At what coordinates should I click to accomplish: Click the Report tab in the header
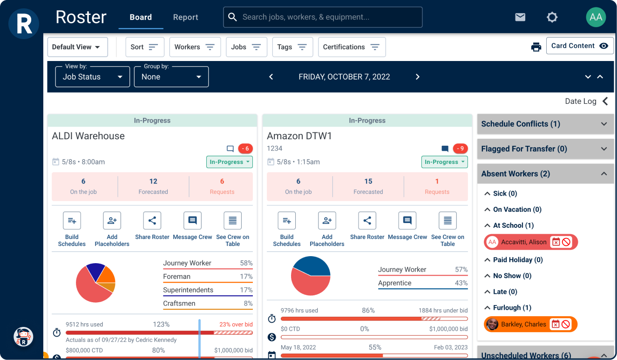(185, 17)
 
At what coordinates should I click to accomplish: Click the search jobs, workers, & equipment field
(323, 17)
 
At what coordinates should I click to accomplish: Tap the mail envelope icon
(520, 17)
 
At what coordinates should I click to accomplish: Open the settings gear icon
(552, 17)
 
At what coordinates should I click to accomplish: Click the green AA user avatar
(596, 17)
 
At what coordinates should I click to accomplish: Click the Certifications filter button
(352, 47)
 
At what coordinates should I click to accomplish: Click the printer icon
(536, 47)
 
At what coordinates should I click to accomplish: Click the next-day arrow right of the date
(417, 77)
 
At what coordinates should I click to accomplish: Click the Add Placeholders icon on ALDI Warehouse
(112, 221)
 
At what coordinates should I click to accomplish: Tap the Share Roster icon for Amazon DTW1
(367, 221)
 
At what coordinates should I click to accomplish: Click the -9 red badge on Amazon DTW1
(460, 149)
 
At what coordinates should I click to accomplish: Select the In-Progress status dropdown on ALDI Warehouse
(230, 162)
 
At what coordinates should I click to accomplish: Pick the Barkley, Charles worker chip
(523, 324)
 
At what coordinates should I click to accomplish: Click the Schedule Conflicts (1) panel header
(545, 124)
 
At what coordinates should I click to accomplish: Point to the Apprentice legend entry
(394, 283)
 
